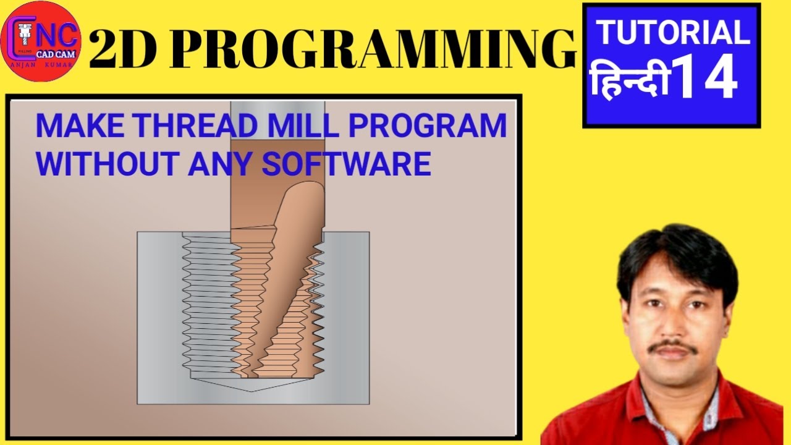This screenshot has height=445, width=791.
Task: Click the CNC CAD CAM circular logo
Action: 41,42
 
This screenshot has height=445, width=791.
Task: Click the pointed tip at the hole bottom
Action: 253,389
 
